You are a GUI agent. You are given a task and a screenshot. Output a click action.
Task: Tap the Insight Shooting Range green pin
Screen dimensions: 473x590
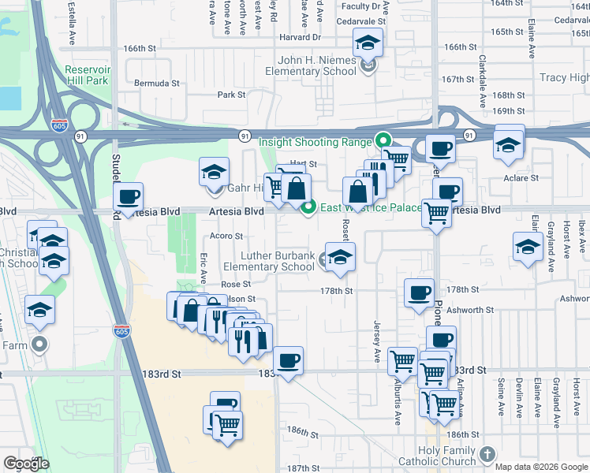[x=384, y=142]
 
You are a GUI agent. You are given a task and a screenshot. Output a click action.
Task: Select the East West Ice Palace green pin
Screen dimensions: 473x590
[x=308, y=207]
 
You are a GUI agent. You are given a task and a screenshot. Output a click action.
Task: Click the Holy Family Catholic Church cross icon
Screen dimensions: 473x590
[x=487, y=454]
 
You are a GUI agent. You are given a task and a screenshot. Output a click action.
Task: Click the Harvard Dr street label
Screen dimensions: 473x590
[x=301, y=37]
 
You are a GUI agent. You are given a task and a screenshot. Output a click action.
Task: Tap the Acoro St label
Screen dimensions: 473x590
[x=226, y=236]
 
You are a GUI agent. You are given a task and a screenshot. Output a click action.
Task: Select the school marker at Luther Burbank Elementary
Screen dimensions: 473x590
[x=340, y=257]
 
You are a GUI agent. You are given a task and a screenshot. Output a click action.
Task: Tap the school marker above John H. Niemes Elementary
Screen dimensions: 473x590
[x=368, y=43]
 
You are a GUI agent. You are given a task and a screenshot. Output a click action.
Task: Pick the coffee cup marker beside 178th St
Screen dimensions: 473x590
[x=419, y=293]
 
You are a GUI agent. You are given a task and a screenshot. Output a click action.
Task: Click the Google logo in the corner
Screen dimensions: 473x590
[x=26, y=463]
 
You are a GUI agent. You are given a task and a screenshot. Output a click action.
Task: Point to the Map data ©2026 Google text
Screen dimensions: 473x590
[x=542, y=467]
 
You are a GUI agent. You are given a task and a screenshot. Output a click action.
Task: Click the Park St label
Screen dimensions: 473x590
[x=232, y=95]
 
